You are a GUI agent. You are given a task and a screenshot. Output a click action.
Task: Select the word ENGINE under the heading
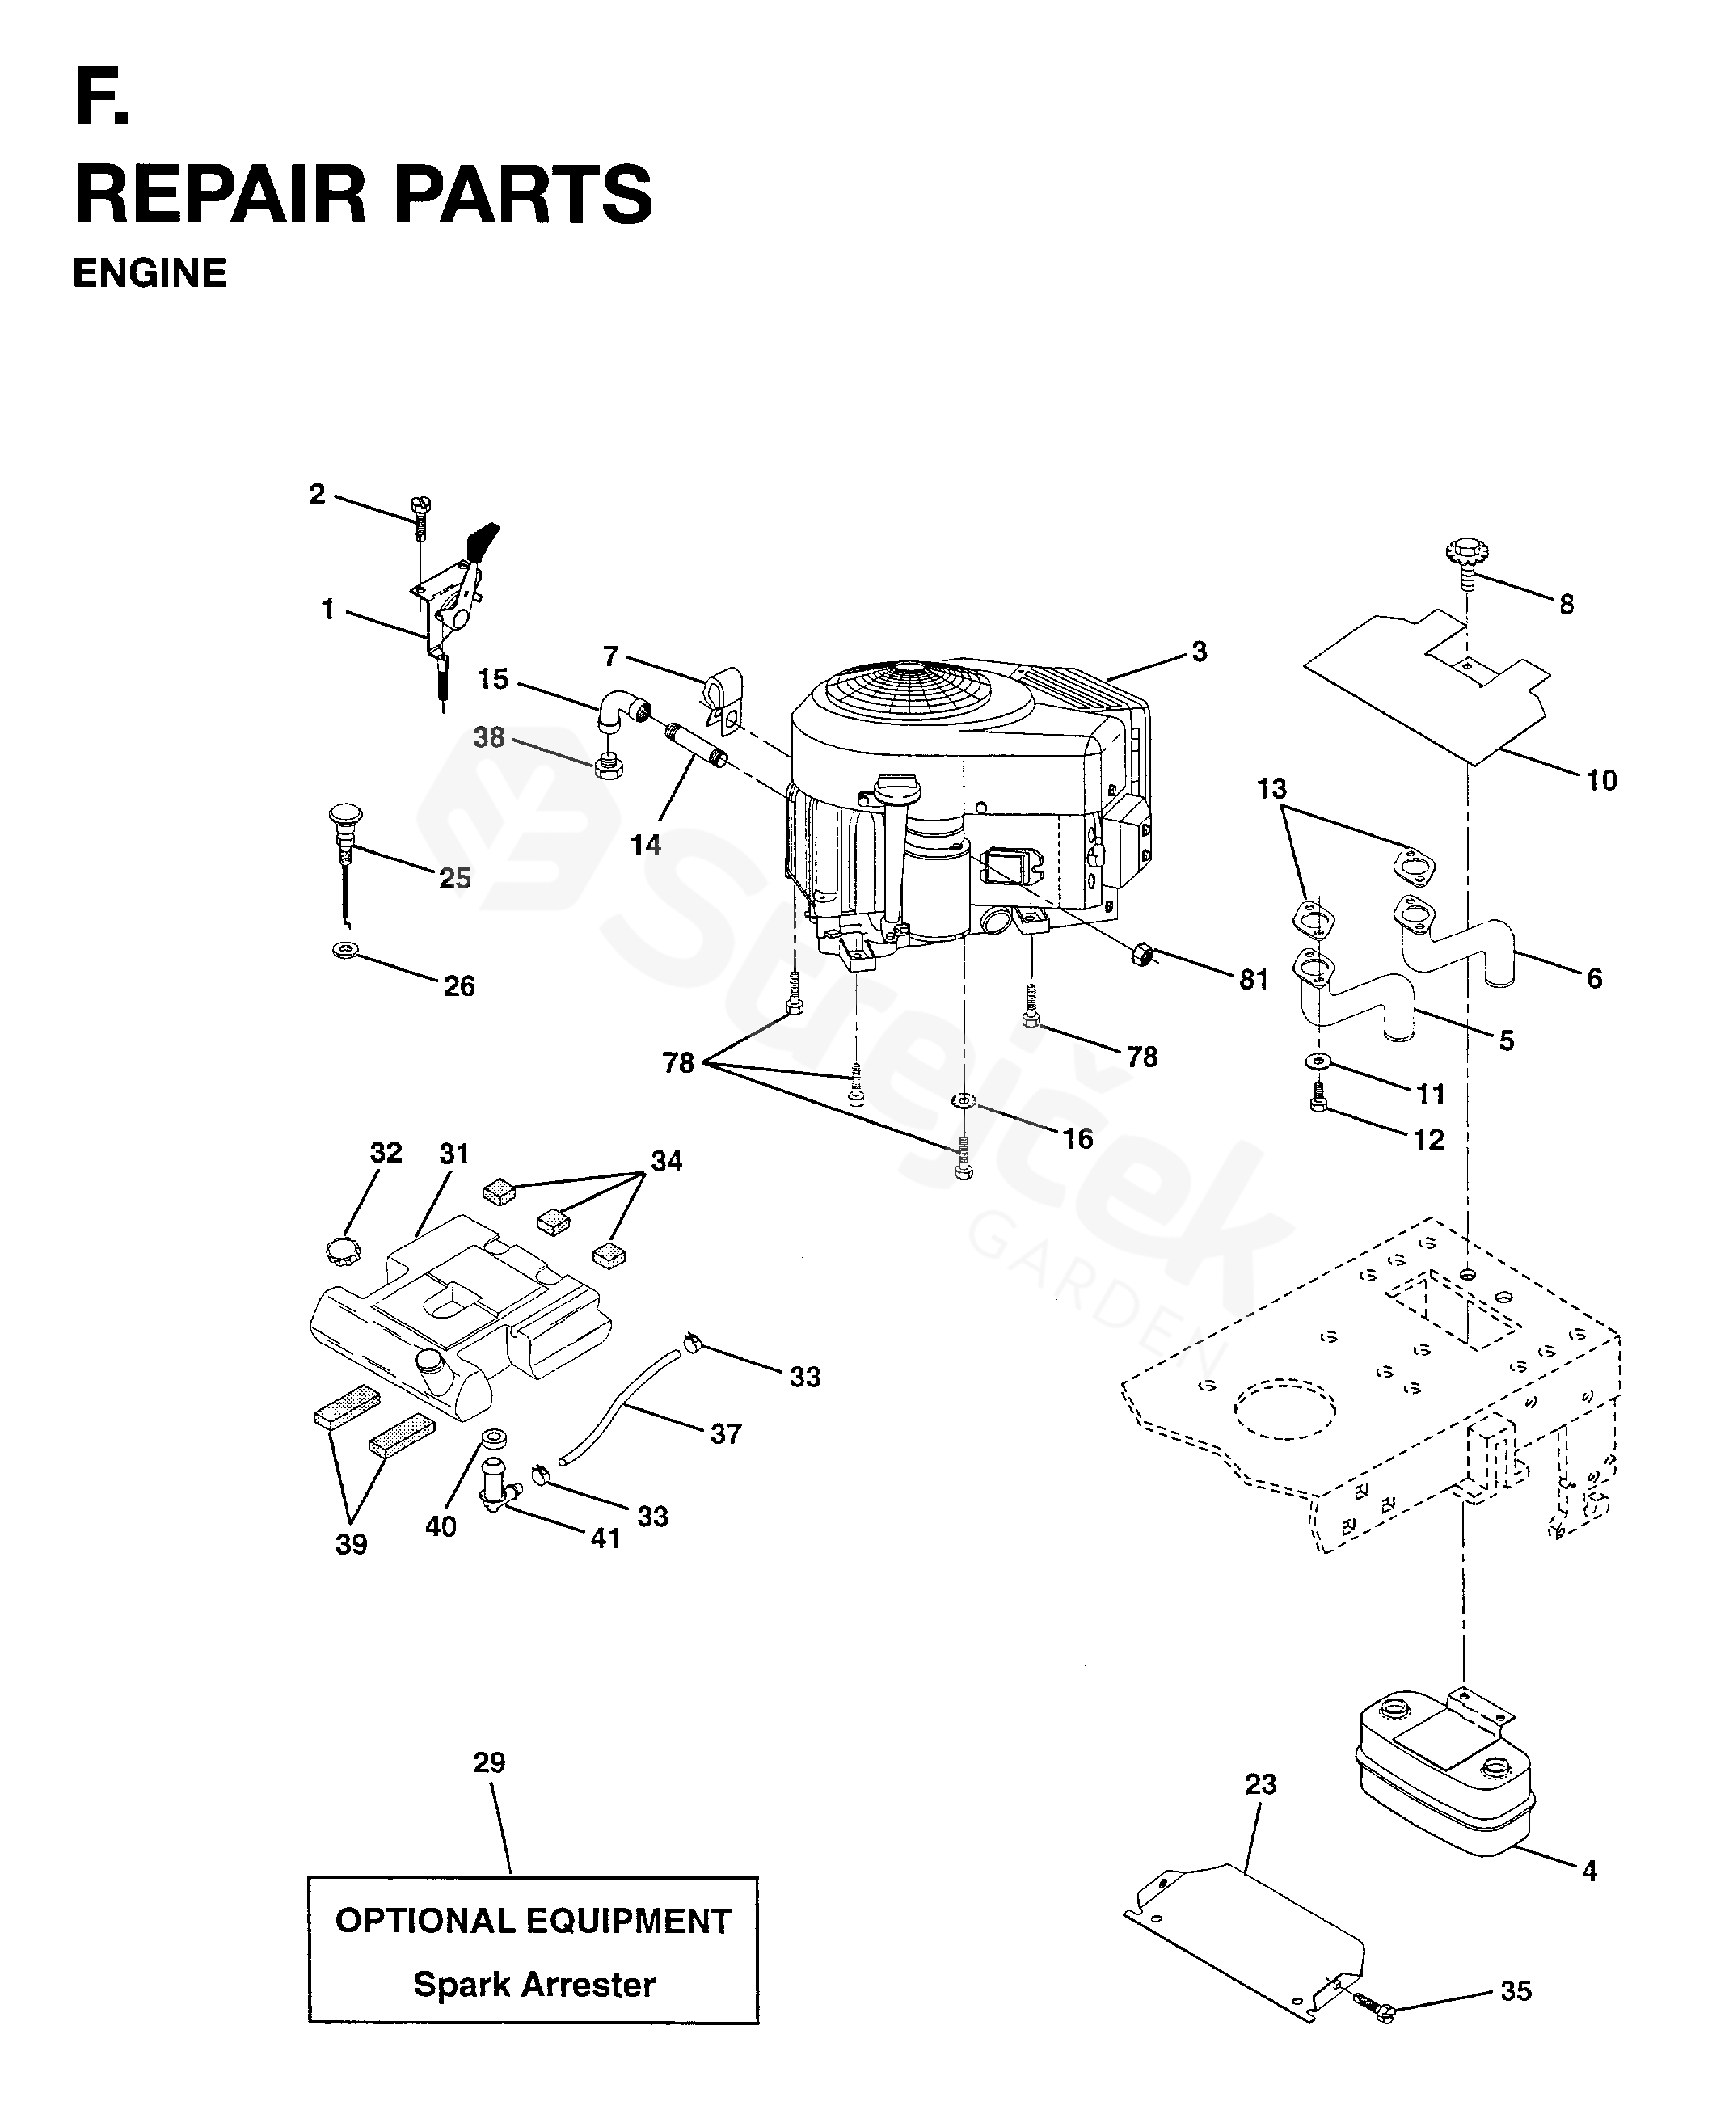point(150,273)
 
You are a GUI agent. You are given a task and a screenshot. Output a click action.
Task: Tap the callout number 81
point(1254,980)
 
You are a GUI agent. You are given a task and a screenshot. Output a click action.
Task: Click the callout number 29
point(489,1762)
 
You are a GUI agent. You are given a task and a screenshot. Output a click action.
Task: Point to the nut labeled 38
point(609,766)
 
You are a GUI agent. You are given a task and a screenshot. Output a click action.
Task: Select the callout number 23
point(1260,1783)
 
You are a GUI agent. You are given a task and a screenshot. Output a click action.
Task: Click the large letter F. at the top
point(100,99)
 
